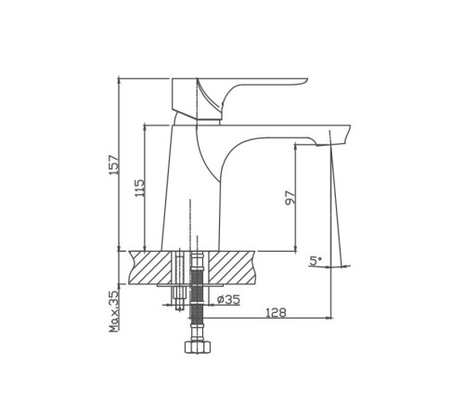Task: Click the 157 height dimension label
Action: (114, 164)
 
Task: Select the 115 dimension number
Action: (139, 188)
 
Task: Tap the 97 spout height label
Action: (290, 198)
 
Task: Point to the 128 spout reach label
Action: (277, 313)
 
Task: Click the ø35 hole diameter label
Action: (228, 299)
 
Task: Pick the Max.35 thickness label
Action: (114, 311)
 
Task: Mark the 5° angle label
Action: (316, 261)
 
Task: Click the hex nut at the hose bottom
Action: (198, 346)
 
